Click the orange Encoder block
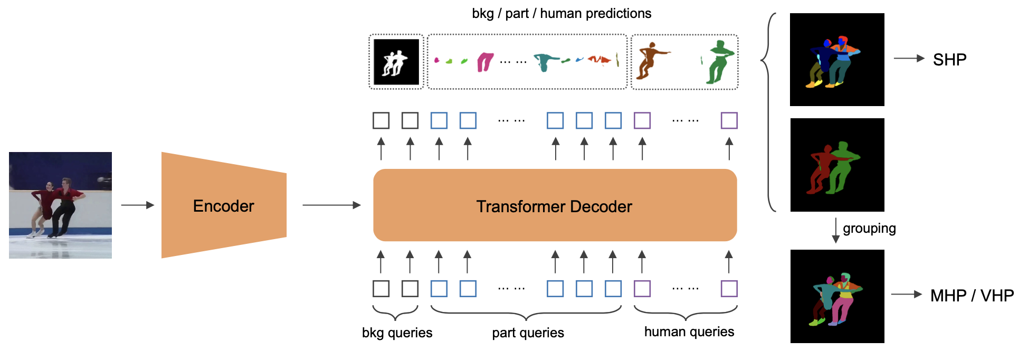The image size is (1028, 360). pyautogui.click(x=224, y=205)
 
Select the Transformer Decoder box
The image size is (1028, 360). pyautogui.click(x=555, y=205)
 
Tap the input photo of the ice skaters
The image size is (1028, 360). pyautogui.click(x=60, y=205)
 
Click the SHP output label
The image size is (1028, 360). pyautogui.click(x=949, y=60)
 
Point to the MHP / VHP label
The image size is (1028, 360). pyautogui.click(x=972, y=296)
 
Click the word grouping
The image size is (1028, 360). pyautogui.click(x=869, y=229)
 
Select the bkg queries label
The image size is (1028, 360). pyautogui.click(x=397, y=333)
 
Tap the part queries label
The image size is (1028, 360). pyautogui.click(x=528, y=333)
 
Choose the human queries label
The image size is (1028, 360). pyautogui.click(x=689, y=331)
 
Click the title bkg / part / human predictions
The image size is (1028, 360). pyautogui.click(x=561, y=13)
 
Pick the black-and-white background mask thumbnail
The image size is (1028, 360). pyautogui.click(x=396, y=62)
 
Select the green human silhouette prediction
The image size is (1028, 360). pyautogui.click(x=719, y=62)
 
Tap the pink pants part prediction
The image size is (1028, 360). pyautogui.click(x=485, y=62)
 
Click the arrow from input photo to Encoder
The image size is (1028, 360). pyautogui.click(x=137, y=205)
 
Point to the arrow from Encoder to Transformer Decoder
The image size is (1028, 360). pyautogui.click(x=331, y=205)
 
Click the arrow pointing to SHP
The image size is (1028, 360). pyautogui.click(x=909, y=59)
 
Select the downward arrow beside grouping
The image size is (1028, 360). pyautogui.click(x=835, y=230)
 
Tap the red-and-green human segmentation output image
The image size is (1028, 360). pyautogui.click(x=837, y=165)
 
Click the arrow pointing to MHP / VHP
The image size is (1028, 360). pyautogui.click(x=906, y=295)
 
